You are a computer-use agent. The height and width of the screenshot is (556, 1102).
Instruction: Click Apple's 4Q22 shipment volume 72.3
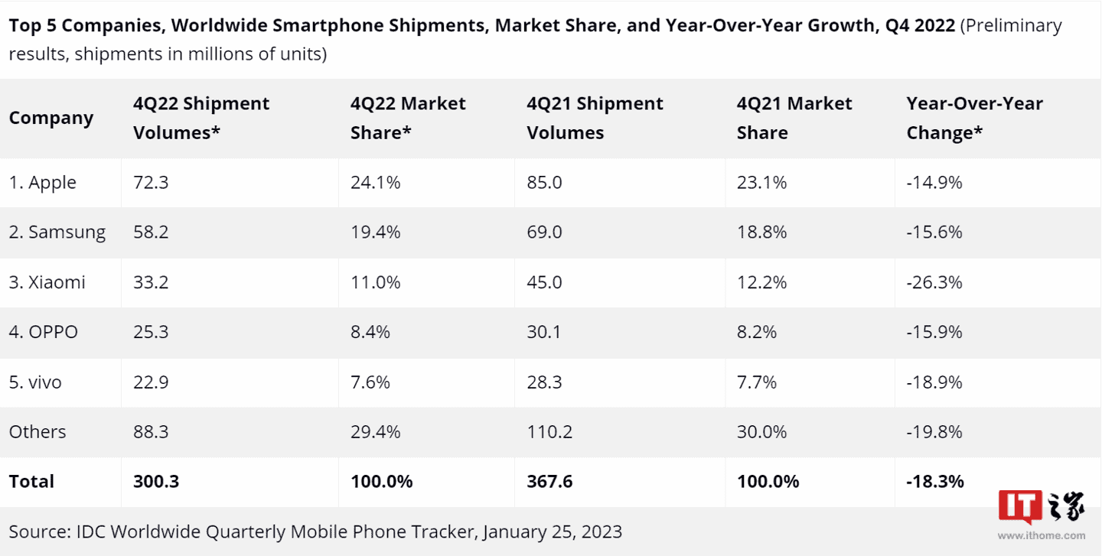coord(151,183)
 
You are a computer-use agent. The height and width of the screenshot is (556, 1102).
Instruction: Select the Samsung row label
coord(57,232)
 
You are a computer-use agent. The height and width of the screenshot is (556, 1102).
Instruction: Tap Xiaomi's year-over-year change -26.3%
coord(934,282)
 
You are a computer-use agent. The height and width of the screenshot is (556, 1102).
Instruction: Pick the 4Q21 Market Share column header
coord(794,118)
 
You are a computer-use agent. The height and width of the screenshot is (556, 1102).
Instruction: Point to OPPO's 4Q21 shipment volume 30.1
coord(544,332)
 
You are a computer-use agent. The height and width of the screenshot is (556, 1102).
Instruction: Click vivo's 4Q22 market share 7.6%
coord(370,382)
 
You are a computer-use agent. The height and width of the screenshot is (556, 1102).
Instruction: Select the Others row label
coord(37,431)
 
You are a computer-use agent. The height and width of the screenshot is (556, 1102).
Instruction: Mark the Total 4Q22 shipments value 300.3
coord(155,481)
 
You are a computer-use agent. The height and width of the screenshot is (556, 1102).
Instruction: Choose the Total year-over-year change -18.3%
coord(935,481)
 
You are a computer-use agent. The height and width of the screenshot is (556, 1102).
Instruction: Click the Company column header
coord(51,118)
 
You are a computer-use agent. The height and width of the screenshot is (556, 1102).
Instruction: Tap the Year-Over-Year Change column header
coord(974,118)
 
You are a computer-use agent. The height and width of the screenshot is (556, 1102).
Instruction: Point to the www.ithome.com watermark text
coord(1042,536)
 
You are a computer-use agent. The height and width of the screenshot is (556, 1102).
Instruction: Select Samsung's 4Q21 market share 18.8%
coord(761,232)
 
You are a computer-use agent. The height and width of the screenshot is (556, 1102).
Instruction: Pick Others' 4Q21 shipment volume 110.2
coord(549,431)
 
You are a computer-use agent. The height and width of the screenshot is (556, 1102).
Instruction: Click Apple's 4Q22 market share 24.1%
coord(375,183)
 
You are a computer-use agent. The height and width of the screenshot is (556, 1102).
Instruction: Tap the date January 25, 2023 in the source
coord(552,531)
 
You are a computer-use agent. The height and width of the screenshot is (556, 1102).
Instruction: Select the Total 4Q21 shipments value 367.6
coord(549,481)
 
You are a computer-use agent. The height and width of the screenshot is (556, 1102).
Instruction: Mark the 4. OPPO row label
coord(44,332)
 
